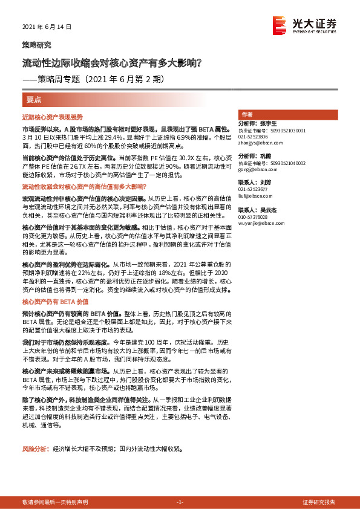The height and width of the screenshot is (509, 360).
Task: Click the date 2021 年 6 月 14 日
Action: pyautogui.click(x=47, y=27)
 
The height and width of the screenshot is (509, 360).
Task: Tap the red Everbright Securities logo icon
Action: pyautogui.click(x=280, y=25)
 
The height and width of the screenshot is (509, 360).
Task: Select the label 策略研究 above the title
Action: pyautogui.click(x=37, y=45)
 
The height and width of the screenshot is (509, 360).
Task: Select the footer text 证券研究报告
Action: pyautogui.click(x=319, y=502)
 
